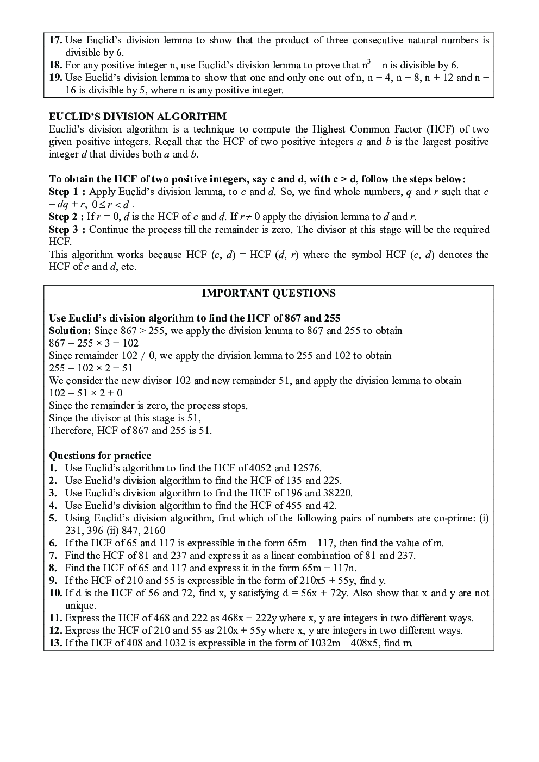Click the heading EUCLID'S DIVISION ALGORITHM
tap(137, 117)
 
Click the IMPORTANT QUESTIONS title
tap(268, 293)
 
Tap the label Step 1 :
tap(67, 192)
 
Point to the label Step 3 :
tap(67, 229)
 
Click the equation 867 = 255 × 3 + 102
tap(93, 343)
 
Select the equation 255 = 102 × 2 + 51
tap(91, 368)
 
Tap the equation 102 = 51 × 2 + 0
tap(85, 393)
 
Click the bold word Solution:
tap(70, 331)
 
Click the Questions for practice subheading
tap(100, 456)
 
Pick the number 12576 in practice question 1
tap(306, 468)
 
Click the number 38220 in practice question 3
tap(338, 493)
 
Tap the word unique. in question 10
tap(80, 606)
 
